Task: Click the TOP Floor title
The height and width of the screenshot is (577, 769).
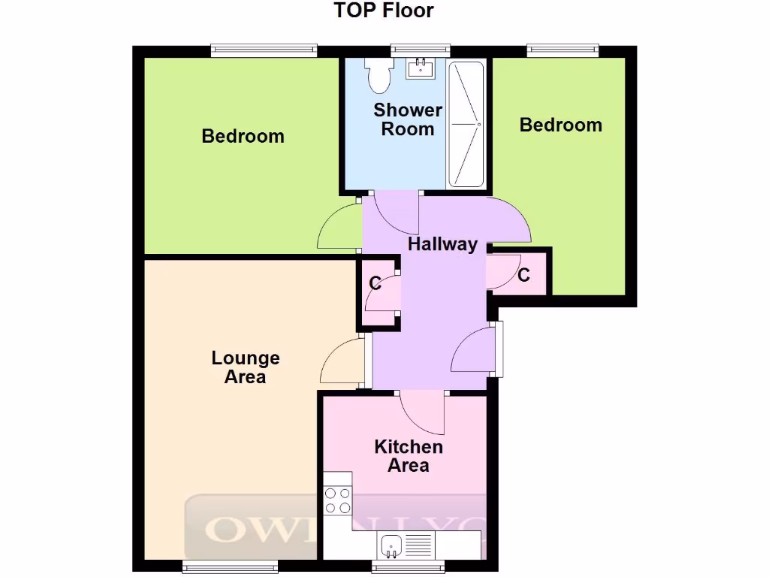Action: point(384,11)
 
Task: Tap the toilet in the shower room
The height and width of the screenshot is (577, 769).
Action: point(379,74)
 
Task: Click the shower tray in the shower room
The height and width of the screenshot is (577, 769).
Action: point(465,124)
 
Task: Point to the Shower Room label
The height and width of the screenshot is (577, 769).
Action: point(408,119)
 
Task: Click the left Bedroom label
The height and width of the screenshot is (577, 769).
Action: point(243,136)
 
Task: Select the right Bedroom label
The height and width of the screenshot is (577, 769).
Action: point(560,125)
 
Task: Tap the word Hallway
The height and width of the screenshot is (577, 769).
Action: point(442,244)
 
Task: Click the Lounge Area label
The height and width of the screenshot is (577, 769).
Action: point(245,367)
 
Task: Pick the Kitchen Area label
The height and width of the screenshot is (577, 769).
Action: point(409,456)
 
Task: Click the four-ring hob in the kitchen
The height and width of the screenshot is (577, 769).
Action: point(337,500)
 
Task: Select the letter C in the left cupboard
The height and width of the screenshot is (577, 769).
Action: point(375,284)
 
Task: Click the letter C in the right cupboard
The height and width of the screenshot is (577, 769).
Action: point(523,276)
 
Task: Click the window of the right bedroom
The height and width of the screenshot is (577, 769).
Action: point(562,51)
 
